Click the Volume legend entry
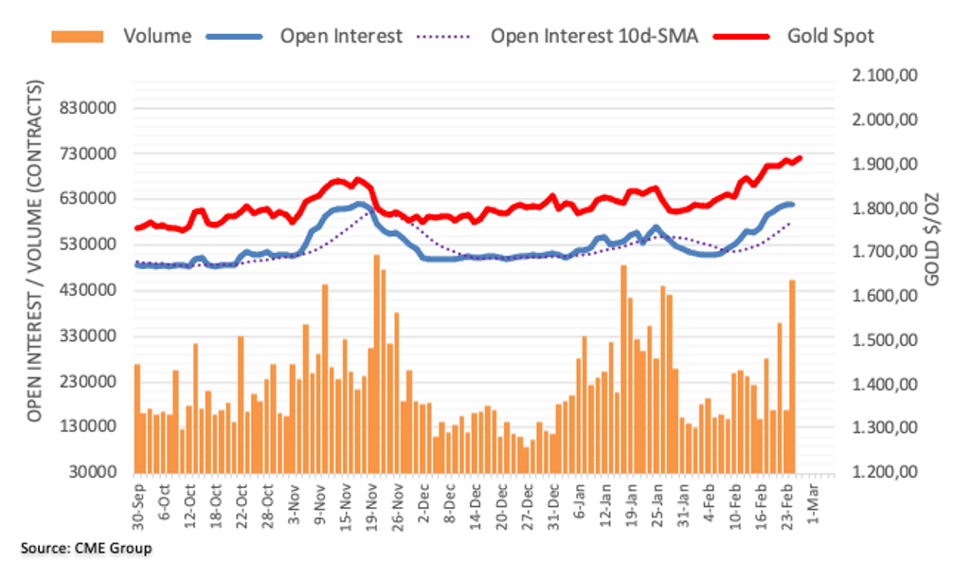(x=156, y=37)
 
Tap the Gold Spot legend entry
(x=830, y=37)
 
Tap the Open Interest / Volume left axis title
(x=36, y=250)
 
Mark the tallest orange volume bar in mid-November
(x=376, y=364)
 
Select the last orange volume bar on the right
(x=792, y=375)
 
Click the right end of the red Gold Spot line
(x=800, y=158)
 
